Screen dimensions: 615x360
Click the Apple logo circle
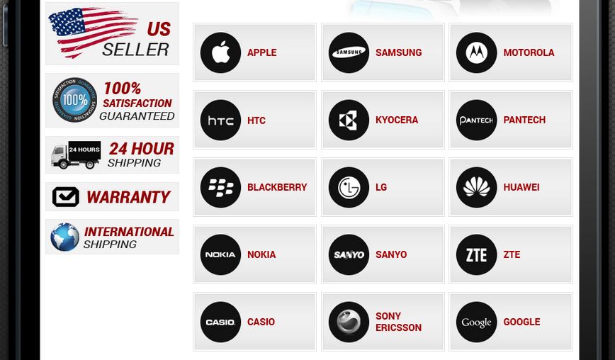click(220, 52)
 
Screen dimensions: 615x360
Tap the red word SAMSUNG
click(398, 52)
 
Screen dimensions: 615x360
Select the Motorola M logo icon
click(477, 52)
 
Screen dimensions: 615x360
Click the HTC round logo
click(220, 120)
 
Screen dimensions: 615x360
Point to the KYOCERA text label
click(397, 120)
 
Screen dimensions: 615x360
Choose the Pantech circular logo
click(477, 120)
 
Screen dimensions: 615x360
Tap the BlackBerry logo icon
click(220, 188)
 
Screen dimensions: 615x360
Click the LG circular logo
click(349, 188)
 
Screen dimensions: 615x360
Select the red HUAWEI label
click(521, 188)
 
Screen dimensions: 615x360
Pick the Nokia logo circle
click(220, 254)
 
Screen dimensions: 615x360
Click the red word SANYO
click(391, 254)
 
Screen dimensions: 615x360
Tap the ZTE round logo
click(477, 254)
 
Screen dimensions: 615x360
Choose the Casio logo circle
click(220, 322)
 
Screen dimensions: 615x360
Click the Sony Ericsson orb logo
click(349, 322)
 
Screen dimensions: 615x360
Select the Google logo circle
click(477, 322)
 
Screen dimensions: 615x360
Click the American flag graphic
click(93, 32)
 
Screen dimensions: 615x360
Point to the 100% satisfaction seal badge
click(74, 100)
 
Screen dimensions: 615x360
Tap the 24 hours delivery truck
click(76, 155)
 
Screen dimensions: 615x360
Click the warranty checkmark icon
click(65, 196)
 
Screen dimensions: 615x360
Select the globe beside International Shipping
click(65, 237)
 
